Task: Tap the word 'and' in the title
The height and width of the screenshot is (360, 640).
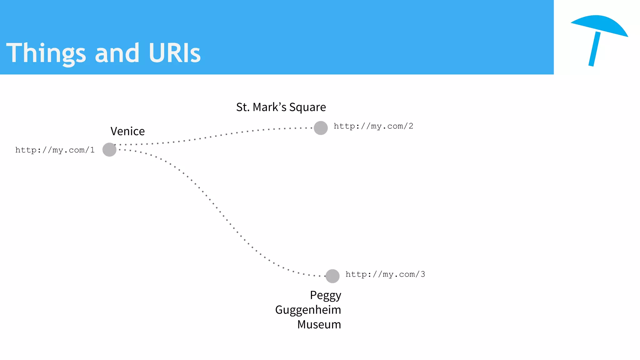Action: [117, 53]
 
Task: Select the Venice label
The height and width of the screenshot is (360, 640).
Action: [127, 131]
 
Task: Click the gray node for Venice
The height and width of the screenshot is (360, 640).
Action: [109, 150]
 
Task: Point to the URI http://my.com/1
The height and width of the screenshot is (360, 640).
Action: [55, 150]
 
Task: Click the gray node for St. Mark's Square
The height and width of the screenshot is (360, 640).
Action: [321, 128]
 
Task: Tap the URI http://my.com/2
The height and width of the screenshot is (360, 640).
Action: [373, 126]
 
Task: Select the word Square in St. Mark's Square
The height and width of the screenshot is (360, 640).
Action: [307, 107]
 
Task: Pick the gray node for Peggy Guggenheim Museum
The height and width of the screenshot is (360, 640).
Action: [332, 276]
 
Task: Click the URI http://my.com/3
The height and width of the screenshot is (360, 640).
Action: [385, 274]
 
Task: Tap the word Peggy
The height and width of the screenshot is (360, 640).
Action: [325, 296]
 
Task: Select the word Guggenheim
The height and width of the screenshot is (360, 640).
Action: [308, 310]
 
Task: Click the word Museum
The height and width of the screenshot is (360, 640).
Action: [319, 324]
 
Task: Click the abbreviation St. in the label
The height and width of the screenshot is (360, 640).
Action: [242, 107]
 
